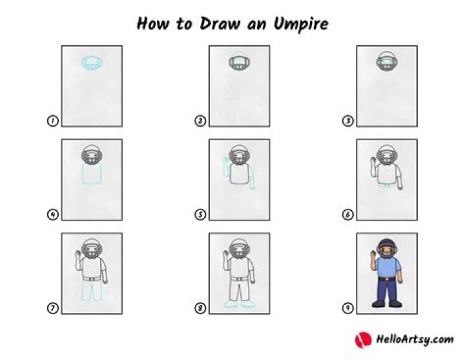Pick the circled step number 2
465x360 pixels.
coord(200,121)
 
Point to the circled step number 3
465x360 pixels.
coord(348,121)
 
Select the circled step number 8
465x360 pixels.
coord(200,308)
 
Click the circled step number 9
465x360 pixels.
coord(348,308)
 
